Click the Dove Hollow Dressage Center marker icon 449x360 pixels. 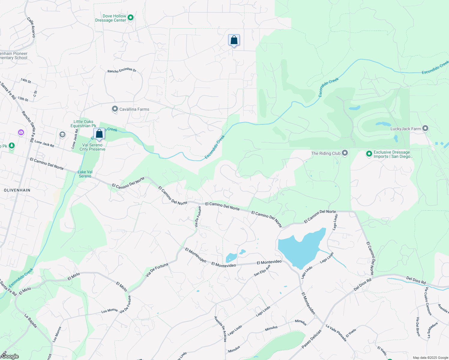[131, 18]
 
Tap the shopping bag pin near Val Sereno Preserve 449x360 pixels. [99, 134]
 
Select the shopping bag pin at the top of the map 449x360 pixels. [234, 40]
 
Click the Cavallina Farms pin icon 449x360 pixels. [115, 109]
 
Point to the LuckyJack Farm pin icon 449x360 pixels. [425, 128]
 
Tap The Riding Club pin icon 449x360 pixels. [345, 153]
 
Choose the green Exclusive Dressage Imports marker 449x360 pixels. [369, 154]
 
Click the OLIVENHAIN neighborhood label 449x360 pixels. [17, 190]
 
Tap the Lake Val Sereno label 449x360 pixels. [85, 174]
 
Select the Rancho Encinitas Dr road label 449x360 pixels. [122, 70]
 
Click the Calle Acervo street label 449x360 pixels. [31, 27]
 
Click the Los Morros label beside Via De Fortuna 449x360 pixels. [109, 311]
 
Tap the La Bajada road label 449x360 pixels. [31, 321]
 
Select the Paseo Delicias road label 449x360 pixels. [311, 339]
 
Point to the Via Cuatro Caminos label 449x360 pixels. [428, 301]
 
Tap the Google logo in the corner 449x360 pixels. [10, 356]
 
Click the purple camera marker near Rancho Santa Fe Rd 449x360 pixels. [21, 132]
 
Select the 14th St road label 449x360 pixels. [26, 81]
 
